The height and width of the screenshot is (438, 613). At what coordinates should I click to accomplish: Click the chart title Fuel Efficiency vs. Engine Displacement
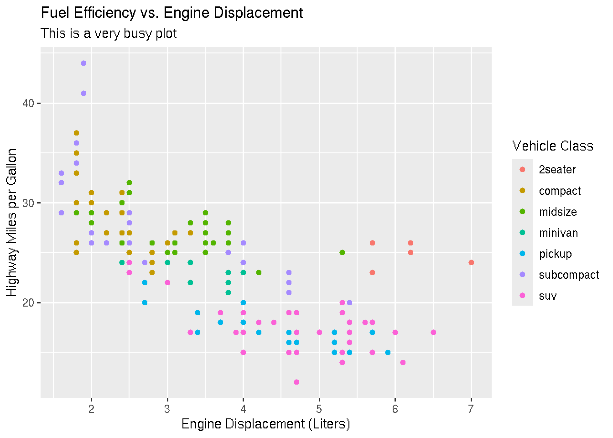[171, 13]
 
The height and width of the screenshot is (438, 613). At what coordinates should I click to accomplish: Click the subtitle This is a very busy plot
[109, 33]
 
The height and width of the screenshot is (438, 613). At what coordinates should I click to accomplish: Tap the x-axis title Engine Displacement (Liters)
[265, 424]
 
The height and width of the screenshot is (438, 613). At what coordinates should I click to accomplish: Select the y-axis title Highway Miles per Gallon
[12, 222]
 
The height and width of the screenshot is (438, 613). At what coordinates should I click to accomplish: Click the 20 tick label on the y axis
[28, 303]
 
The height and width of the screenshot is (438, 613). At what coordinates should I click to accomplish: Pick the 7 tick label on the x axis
[471, 408]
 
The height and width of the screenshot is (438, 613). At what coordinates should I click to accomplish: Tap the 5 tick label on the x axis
[319, 408]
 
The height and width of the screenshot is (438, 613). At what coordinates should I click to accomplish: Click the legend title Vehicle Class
[553, 146]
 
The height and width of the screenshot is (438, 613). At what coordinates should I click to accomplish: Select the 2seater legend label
[557, 170]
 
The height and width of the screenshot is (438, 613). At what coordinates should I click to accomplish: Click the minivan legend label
[558, 233]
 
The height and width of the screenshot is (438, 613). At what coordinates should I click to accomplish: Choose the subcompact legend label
[569, 275]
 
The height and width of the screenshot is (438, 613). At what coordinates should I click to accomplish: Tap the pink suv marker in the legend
[522, 296]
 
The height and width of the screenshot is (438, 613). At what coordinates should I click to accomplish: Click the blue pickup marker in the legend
[522, 254]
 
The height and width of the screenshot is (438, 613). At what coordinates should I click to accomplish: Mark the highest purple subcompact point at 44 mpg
[83, 63]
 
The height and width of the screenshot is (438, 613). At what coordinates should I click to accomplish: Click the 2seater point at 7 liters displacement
[471, 262]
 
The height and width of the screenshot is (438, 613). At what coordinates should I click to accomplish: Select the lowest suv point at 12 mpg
[296, 382]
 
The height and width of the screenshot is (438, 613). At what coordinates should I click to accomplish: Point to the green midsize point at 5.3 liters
[342, 252]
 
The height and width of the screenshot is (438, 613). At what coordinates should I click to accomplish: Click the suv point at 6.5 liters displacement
[433, 332]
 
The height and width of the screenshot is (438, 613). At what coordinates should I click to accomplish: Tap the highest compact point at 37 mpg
[76, 133]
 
